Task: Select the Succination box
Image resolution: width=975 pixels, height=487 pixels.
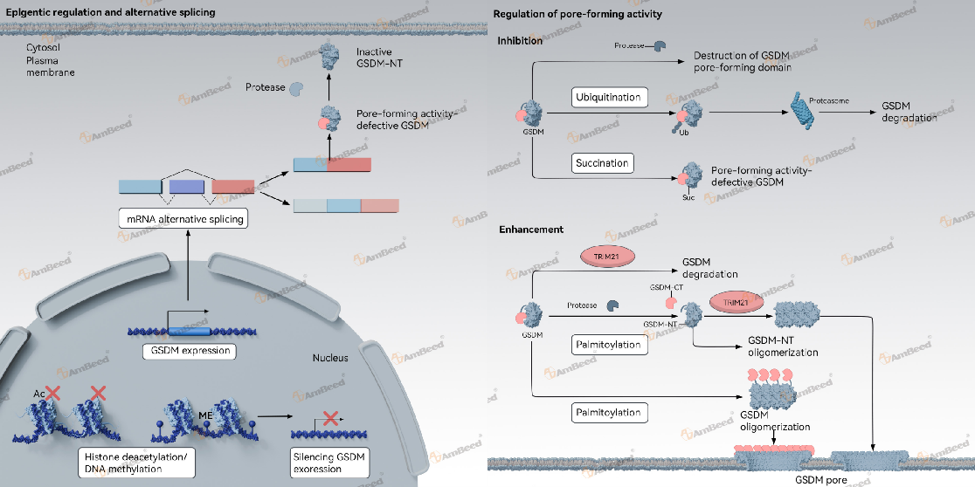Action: coord(602,162)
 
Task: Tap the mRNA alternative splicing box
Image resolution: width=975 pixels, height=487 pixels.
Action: coord(183,218)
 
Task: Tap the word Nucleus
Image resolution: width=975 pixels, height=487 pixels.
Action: coord(330,359)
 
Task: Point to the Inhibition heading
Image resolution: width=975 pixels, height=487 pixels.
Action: coord(520,41)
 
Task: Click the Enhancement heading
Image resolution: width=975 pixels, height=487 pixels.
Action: coord(530,230)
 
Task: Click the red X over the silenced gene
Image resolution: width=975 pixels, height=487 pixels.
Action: coord(331,421)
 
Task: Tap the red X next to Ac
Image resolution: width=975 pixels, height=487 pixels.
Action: coord(52,394)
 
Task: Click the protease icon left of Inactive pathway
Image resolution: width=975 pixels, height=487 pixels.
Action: coord(297,88)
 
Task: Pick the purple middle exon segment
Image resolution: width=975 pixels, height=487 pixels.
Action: coord(187,186)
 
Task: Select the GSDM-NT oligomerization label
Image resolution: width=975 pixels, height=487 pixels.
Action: coord(783,347)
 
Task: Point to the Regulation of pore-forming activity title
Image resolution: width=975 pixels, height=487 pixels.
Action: coord(577,14)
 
